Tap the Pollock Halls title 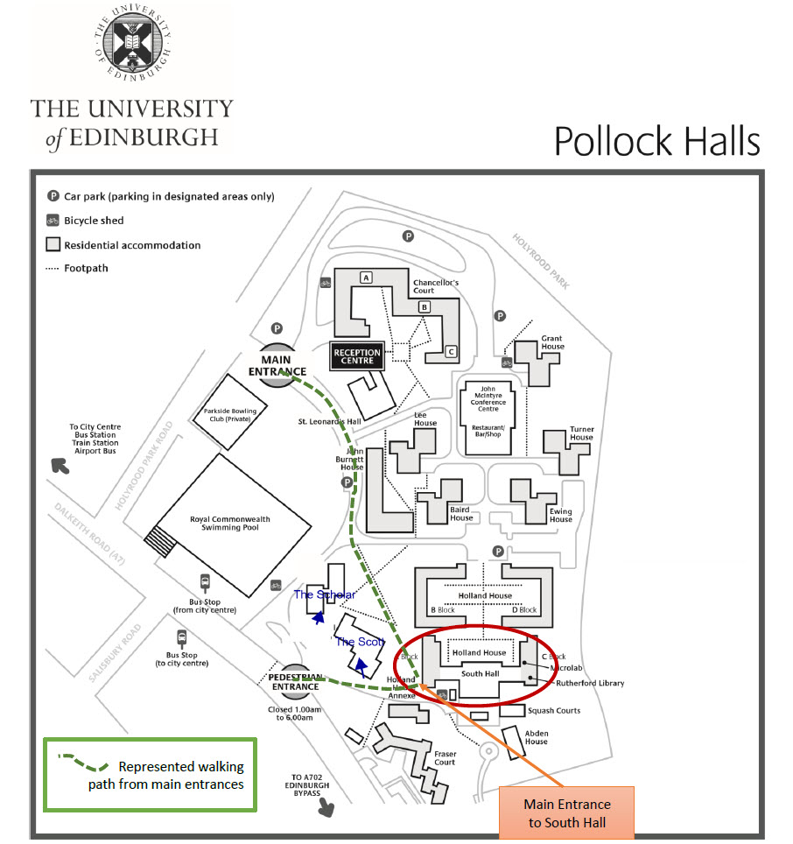pyautogui.click(x=656, y=141)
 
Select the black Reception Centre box pyautogui.click(x=356, y=355)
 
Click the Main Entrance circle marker pyautogui.click(x=277, y=364)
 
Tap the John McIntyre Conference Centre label pyautogui.click(x=488, y=399)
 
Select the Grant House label pyautogui.click(x=551, y=342)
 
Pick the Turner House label pyautogui.click(x=581, y=433)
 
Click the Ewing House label pyautogui.click(x=560, y=515)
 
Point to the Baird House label pyautogui.click(x=460, y=513)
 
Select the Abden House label pyautogui.click(x=536, y=736)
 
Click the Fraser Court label pyautogui.click(x=445, y=757)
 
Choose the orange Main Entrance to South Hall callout pyautogui.click(x=567, y=812)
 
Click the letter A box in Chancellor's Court pyautogui.click(x=366, y=278)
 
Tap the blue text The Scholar pyautogui.click(x=324, y=595)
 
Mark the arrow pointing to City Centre pyautogui.click(x=60, y=465)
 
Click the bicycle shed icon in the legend pyautogui.click(x=53, y=221)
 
